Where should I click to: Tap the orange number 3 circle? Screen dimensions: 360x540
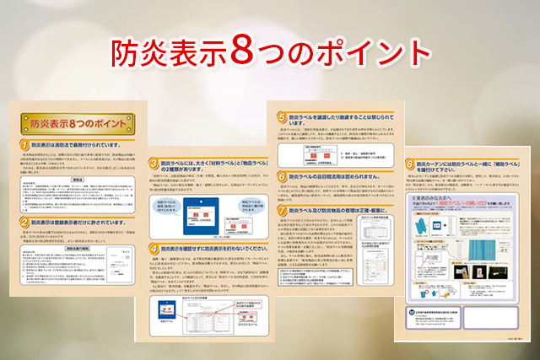click(154, 163)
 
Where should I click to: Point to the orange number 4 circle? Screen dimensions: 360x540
click(154, 250)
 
